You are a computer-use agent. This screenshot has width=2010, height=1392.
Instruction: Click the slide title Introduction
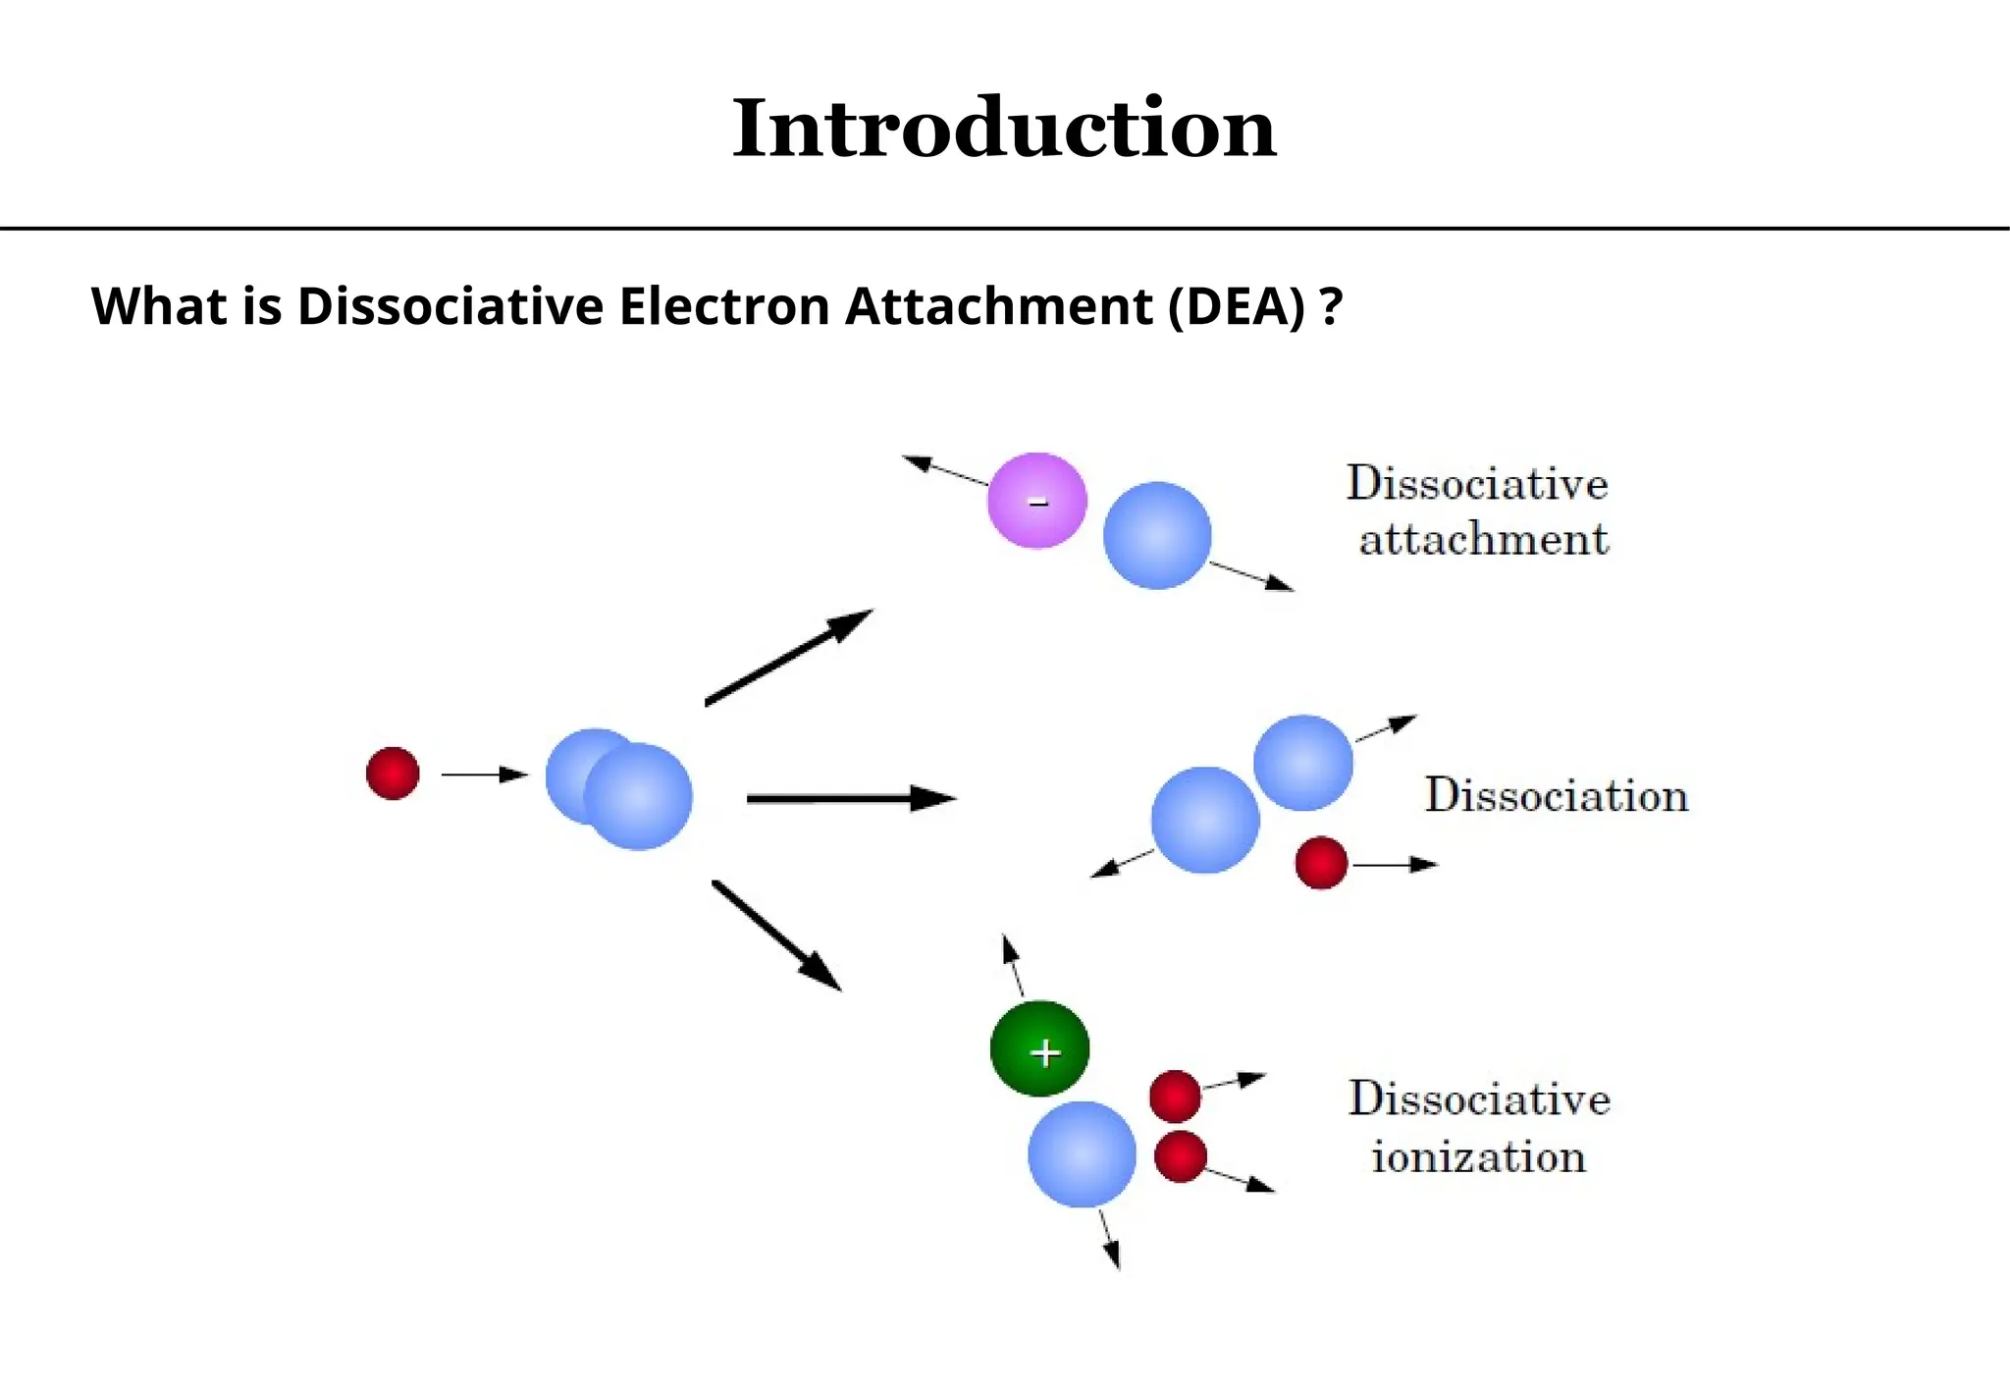click(1003, 129)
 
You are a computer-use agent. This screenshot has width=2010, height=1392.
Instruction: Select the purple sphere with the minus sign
click(1036, 501)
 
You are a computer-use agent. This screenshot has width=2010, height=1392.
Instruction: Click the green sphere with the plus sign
click(1039, 1048)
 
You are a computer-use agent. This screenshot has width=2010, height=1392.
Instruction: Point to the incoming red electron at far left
click(393, 774)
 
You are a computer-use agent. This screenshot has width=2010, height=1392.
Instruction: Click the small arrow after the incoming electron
click(484, 775)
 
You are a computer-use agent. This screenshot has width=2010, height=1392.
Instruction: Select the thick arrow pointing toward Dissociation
click(850, 799)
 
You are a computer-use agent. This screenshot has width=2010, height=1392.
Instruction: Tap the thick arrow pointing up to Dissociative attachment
click(788, 656)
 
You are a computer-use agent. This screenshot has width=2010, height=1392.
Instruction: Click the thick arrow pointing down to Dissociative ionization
click(776, 935)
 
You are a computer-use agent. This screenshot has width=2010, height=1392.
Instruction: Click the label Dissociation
click(1557, 795)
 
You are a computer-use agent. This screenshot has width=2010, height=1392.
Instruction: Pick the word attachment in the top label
click(1484, 540)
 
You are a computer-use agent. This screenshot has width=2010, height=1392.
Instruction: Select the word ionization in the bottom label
click(1478, 1157)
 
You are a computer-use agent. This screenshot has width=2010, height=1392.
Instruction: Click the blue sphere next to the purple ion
click(1157, 535)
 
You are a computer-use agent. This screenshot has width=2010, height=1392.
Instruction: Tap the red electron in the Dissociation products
click(1321, 863)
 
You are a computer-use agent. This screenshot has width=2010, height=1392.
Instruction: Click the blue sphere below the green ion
click(1082, 1154)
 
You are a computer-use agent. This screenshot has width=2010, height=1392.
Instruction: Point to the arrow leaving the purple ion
click(944, 470)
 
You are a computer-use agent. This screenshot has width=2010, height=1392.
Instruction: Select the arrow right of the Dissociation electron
click(1395, 864)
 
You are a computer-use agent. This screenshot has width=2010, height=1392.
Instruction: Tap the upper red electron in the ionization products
click(1175, 1096)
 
